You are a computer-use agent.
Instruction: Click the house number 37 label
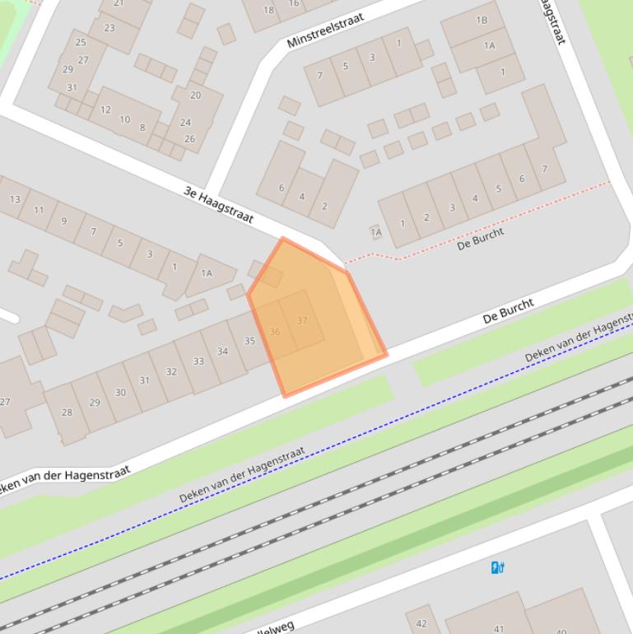pos(302,320)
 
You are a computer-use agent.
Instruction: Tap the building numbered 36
pos(275,332)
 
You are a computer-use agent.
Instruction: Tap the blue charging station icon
pos(497,567)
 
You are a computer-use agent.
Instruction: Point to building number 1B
pos(482,21)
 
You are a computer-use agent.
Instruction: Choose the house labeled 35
pos(249,341)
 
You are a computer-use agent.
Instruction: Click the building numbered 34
pos(222,352)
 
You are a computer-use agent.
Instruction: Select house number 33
pos(198,361)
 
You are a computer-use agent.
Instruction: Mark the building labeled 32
pos(171,371)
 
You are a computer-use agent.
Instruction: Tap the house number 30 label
pos(120,392)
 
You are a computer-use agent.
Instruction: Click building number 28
pos(67,413)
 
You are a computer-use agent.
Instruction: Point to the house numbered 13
pos(15,199)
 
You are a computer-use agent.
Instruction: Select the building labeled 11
pos(39,210)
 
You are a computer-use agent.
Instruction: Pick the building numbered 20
pos(195,95)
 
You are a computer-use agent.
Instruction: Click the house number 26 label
pos(189,138)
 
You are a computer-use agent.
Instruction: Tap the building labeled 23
pos(109,27)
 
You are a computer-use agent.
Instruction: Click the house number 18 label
pos(268,10)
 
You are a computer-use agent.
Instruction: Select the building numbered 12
pos(105,110)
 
